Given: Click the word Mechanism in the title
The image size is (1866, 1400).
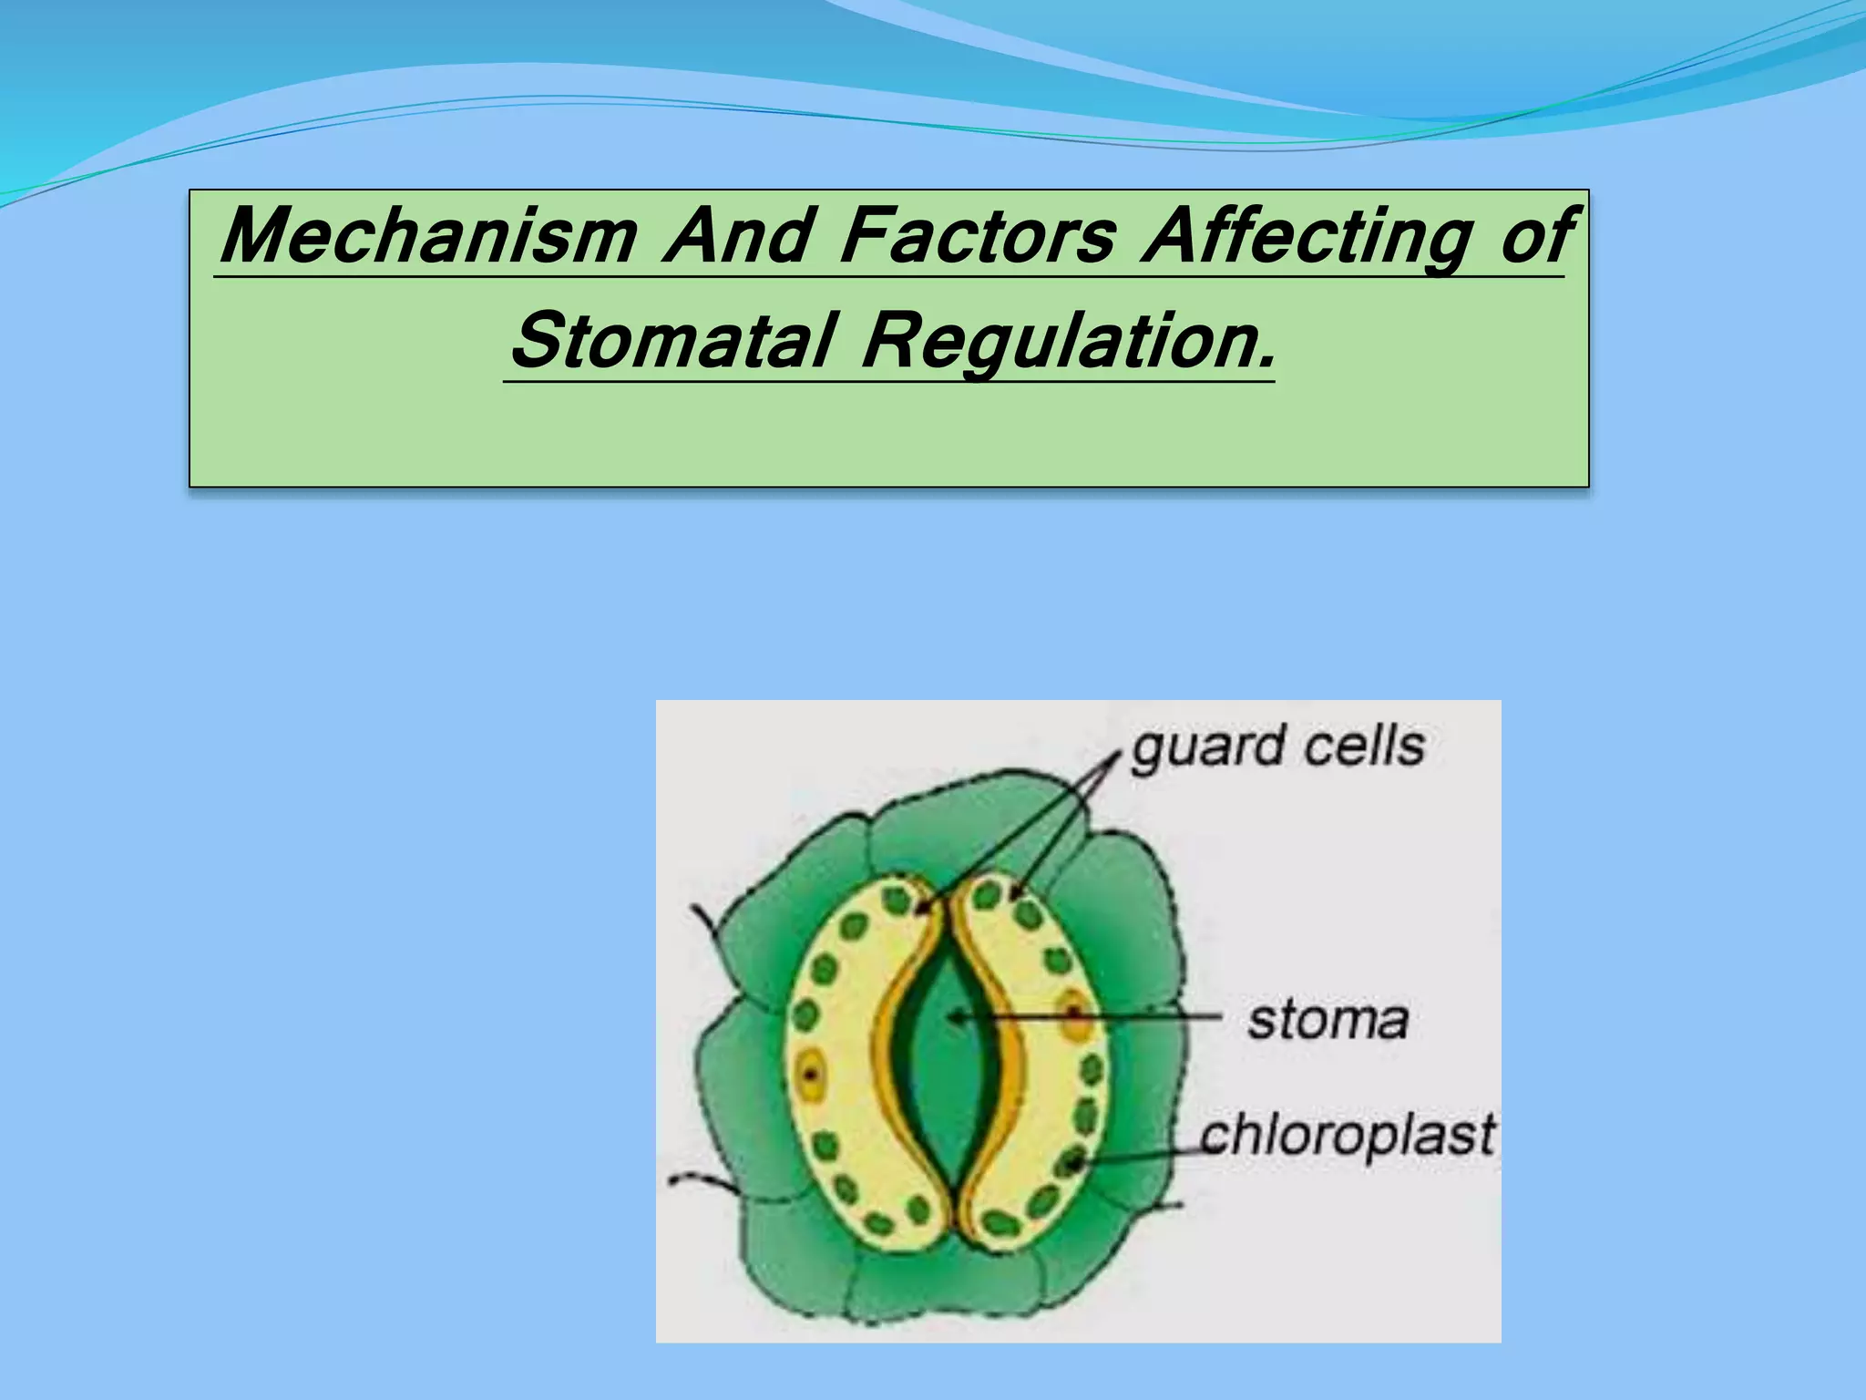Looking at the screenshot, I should coord(428,236).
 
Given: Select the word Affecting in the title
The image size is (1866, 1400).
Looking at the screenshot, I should coord(1308,236).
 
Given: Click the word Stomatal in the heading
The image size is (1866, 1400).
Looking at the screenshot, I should coord(673,341).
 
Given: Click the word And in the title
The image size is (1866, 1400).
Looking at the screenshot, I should coord(739,236).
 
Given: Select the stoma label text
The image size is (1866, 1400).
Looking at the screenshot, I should coord(1328,1020).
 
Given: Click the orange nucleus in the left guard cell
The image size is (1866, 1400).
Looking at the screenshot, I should coord(810,1076).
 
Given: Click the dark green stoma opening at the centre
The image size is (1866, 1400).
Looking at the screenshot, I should coord(948,1057).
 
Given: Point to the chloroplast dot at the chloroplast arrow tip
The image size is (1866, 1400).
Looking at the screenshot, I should coord(1073,1163).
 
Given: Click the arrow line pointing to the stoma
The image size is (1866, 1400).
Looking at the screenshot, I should coord(1093,1017).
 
